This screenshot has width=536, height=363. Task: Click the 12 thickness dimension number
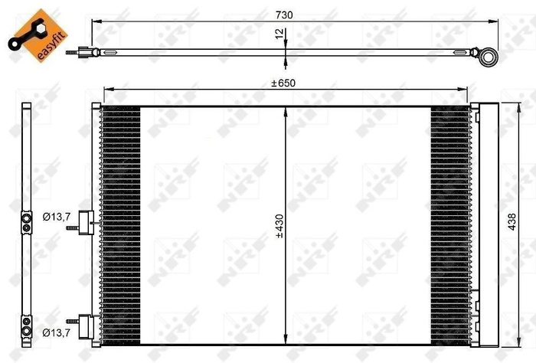pos(279,34)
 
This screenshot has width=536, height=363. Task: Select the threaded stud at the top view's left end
pos(74,53)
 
